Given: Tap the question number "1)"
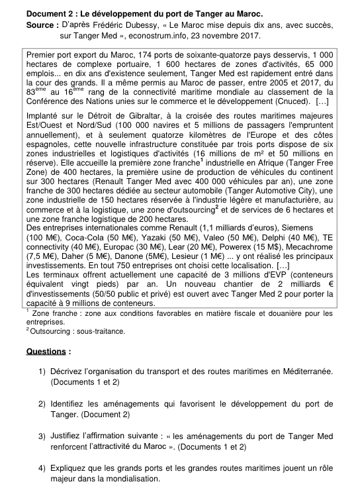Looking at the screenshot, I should (x=42, y=372).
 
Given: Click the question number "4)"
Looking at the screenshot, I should (x=42, y=468).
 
